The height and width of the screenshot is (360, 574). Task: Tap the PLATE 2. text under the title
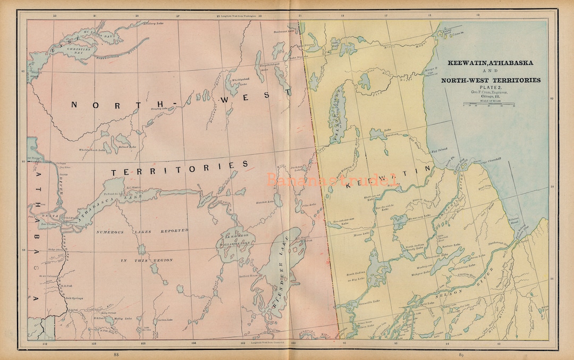click(490, 87)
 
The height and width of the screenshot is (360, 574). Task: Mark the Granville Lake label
click(369, 301)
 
